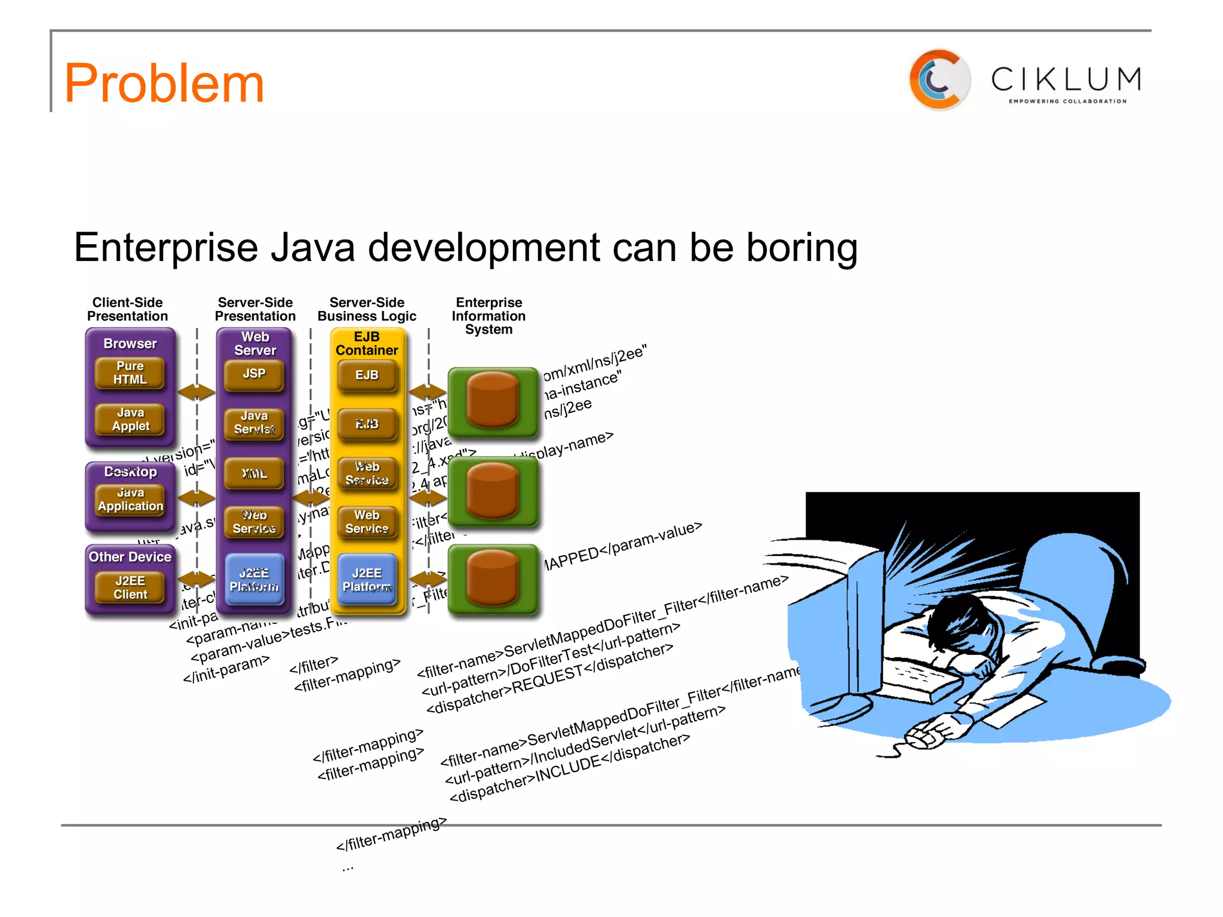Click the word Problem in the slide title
pos(164,84)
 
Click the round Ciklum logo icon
pos(939,80)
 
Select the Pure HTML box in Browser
pos(130,373)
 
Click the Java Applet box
pos(130,419)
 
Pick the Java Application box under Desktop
pos(130,500)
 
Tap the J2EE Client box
pos(130,587)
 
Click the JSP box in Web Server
pos(254,374)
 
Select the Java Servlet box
pos(254,423)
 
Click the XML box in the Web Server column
pos(254,473)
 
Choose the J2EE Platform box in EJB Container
pos(367,580)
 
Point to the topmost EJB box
pos(367,376)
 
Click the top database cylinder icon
pos(493,400)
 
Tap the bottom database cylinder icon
pos(493,578)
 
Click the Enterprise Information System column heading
pos(488,316)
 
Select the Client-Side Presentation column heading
pos(127,309)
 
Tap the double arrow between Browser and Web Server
pos(196,392)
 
